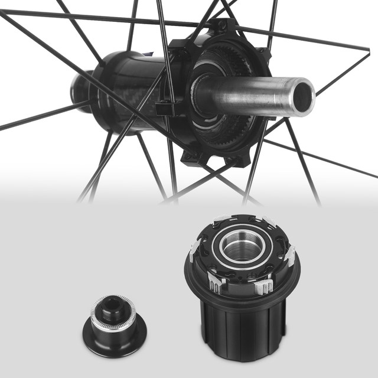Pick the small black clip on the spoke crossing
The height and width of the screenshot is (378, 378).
[161, 109]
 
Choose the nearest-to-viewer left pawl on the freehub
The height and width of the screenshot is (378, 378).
[216, 287]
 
